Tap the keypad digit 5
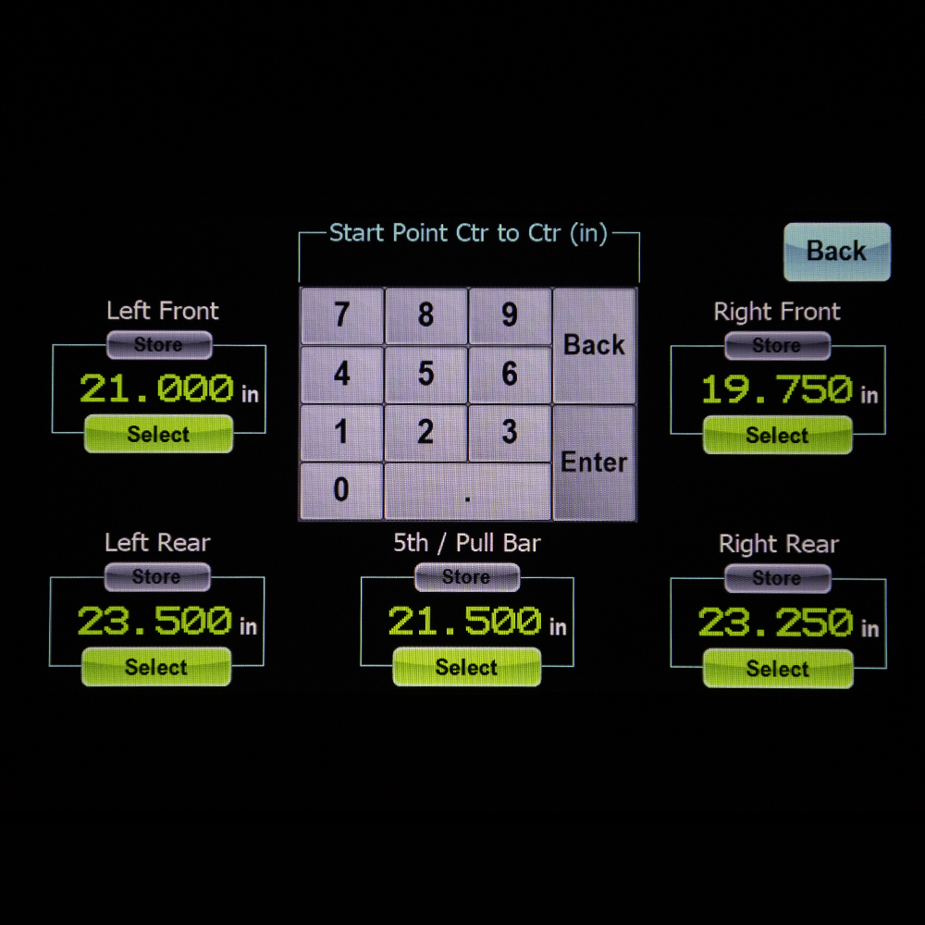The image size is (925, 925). (425, 374)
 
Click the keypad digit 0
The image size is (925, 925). (341, 490)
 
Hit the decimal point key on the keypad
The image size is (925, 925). (467, 492)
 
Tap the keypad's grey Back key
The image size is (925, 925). (594, 345)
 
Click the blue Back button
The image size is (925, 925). (836, 251)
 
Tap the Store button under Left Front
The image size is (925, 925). (158, 345)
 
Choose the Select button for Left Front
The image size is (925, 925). (158, 434)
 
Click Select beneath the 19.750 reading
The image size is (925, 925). (777, 435)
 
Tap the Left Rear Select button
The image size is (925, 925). (156, 667)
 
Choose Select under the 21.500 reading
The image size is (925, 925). (466, 667)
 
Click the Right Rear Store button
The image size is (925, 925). (777, 578)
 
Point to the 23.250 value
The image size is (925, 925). (775, 623)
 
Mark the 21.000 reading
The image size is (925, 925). (156, 388)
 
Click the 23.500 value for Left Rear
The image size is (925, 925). (154, 621)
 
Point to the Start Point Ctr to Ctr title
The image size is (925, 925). (468, 233)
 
